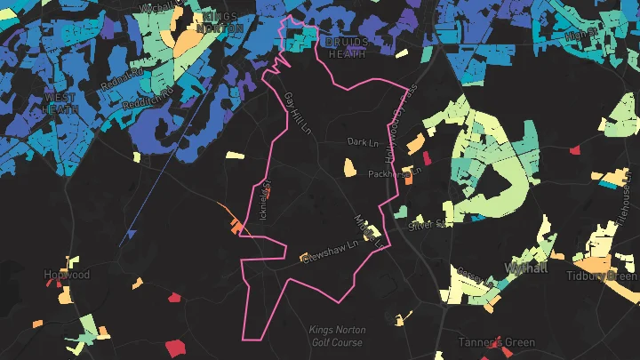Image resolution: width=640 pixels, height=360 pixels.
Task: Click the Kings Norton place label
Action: click(222, 22)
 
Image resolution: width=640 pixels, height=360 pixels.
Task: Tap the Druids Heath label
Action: click(346, 48)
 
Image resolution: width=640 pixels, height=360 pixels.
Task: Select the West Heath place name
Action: click(60, 103)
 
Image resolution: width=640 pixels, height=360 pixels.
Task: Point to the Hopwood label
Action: click(67, 276)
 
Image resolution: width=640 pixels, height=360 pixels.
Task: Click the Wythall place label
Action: click(525, 267)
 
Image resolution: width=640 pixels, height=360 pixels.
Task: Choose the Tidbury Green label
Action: click(602, 276)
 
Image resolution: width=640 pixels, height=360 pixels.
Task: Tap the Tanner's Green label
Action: click(496, 342)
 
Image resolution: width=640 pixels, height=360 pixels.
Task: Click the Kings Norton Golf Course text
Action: click(336, 336)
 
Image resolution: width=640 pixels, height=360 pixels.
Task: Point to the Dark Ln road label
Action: click(363, 141)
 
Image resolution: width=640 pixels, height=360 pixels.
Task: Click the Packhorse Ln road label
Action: click(395, 173)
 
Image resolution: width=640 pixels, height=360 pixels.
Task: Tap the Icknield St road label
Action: click(262, 203)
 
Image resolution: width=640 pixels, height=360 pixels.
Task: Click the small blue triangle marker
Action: click(132, 235)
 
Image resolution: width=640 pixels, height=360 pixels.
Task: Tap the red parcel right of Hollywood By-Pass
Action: click(425, 158)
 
